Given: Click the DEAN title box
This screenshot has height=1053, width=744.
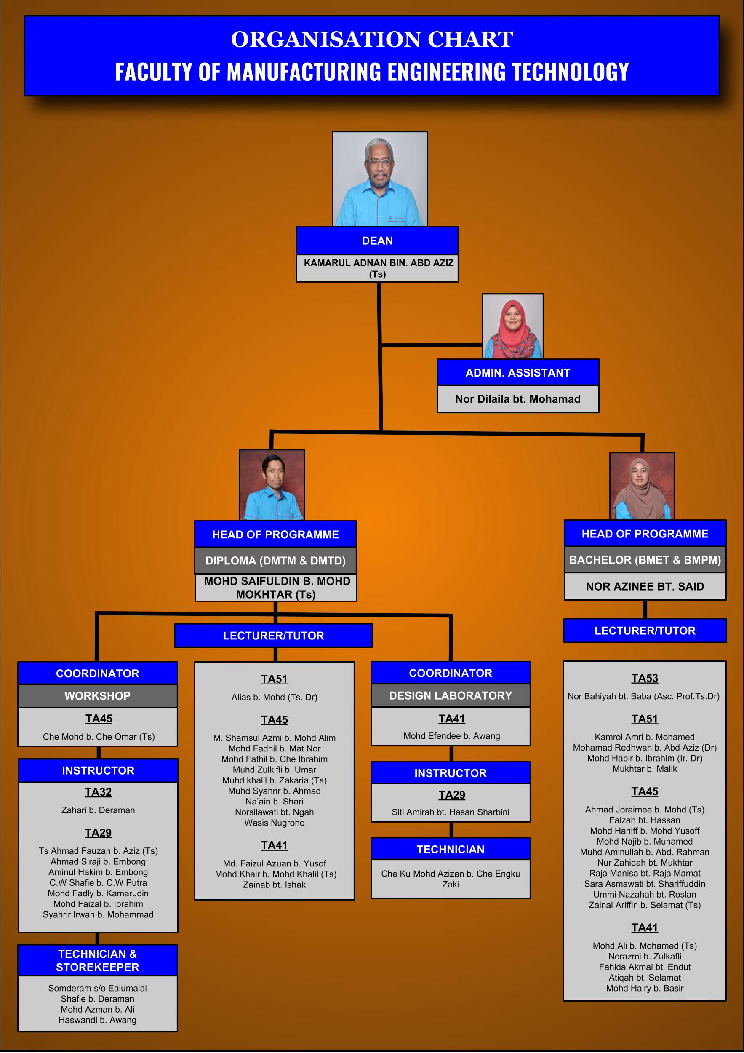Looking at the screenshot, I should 377,241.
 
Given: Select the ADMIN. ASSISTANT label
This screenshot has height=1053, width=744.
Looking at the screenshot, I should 517,373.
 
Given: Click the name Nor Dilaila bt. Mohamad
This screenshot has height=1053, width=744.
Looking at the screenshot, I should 517,399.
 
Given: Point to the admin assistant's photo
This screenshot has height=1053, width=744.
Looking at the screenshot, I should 512,326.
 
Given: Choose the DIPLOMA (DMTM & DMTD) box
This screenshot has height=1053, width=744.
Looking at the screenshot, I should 275,561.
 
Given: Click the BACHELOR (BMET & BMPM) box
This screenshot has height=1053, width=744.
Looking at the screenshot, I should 645,559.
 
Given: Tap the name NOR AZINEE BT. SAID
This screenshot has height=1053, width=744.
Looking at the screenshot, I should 645,586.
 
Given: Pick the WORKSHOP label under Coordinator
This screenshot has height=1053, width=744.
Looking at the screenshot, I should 97,696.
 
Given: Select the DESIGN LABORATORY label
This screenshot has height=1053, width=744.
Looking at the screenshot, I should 450,695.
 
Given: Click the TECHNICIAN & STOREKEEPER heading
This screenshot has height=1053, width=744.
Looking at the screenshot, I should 97,960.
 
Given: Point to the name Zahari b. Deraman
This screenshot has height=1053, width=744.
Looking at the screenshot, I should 98,810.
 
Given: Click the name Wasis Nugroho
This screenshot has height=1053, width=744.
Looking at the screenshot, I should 274,823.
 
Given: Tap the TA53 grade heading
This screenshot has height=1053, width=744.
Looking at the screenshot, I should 645,678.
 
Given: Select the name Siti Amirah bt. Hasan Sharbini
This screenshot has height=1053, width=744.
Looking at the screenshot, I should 450,812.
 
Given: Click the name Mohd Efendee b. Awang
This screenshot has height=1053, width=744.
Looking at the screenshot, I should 451,736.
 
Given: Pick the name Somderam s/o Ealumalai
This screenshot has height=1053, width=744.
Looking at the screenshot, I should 97,988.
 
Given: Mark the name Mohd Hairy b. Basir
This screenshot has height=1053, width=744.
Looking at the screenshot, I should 645,988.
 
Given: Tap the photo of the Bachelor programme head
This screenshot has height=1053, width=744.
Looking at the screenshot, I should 641,486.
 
